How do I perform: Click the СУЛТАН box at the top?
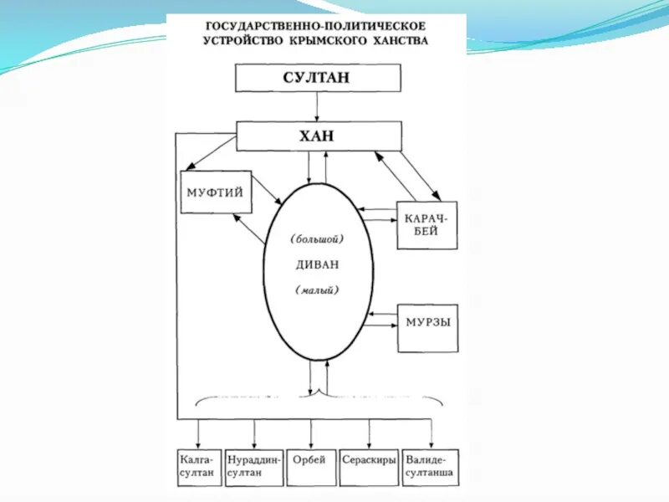(x=316, y=78)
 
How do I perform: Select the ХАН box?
(x=318, y=136)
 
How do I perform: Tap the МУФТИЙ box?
(x=216, y=192)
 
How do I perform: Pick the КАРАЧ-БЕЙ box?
(x=427, y=225)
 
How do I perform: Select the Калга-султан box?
(x=198, y=467)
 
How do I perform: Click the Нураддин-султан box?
(x=254, y=467)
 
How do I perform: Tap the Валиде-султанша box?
(x=430, y=467)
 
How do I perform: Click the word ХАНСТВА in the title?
(x=400, y=40)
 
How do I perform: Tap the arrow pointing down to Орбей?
(x=310, y=435)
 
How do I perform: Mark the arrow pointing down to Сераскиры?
(x=368, y=435)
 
